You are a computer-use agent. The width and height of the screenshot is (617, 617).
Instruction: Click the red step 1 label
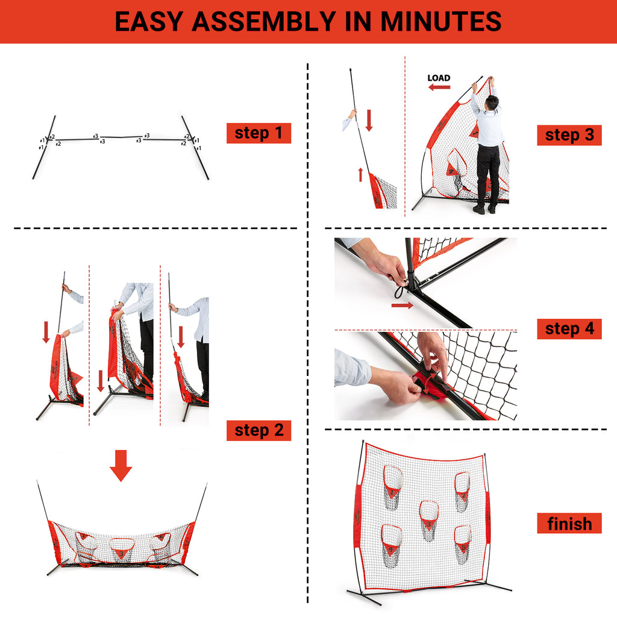258,133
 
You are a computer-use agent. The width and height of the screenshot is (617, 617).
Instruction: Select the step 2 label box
258,430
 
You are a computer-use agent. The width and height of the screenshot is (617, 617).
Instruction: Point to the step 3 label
569,135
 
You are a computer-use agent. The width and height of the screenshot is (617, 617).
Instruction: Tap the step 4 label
569,329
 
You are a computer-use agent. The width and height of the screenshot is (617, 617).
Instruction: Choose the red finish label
569,524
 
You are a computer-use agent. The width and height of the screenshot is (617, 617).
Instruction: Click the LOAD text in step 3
439,78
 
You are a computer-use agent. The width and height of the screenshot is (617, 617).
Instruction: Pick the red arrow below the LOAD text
439,87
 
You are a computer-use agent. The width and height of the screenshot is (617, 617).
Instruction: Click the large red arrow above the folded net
121,466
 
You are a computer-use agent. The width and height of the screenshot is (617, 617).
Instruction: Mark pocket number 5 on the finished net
462,543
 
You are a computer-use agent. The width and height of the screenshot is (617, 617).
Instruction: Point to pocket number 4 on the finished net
392,545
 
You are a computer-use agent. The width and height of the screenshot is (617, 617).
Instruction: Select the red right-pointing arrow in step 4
402,305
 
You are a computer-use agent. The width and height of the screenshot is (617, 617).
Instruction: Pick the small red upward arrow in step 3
360,174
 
